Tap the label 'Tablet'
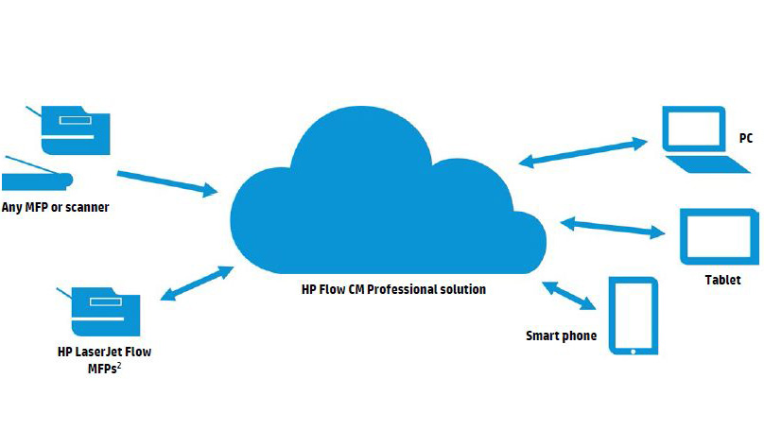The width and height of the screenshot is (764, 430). coord(722,281)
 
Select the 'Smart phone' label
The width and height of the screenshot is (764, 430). coord(562,335)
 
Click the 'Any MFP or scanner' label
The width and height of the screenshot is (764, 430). coord(56,207)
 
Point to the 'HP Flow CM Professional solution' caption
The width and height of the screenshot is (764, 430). coord(388,289)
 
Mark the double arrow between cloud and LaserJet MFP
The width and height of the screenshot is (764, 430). coord(198,284)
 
